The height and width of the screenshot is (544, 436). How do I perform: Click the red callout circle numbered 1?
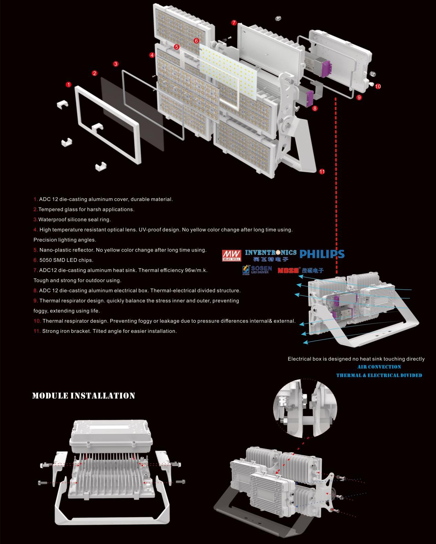click(68, 84)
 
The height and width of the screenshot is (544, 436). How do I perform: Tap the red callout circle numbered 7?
click(234, 23)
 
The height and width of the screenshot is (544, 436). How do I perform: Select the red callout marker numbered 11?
click(322, 172)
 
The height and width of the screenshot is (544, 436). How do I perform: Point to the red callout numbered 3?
click(116, 64)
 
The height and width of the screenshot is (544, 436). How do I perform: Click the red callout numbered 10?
click(378, 86)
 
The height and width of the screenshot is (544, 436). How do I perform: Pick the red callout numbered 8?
click(315, 108)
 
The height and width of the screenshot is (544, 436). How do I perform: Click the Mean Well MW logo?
click(231, 256)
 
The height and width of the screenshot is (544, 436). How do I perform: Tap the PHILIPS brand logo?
click(322, 254)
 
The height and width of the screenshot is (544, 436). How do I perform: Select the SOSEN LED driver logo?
click(257, 270)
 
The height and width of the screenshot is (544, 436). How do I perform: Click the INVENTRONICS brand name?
click(271, 252)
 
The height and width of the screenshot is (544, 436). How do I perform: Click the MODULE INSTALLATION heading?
click(83, 396)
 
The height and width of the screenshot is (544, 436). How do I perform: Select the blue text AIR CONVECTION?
click(379, 367)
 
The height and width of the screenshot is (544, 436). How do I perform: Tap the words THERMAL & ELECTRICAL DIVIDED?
click(379, 375)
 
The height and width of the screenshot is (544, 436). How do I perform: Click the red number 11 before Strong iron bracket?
click(37, 331)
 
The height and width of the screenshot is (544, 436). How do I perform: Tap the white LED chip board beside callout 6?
click(228, 71)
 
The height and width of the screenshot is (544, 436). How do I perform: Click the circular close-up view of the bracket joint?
click(305, 408)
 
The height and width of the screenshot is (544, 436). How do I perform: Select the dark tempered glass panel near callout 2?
click(132, 114)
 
